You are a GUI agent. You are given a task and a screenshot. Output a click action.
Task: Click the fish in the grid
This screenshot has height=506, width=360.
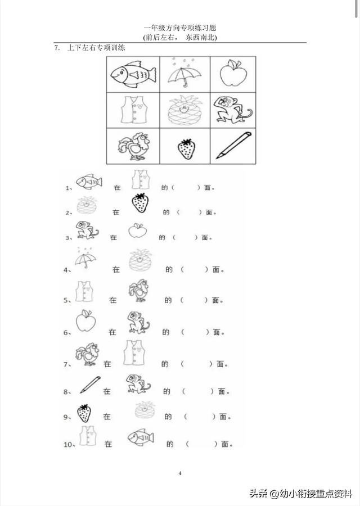click(133, 75)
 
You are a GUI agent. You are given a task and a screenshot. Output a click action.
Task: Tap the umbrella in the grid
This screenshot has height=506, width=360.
click(184, 74)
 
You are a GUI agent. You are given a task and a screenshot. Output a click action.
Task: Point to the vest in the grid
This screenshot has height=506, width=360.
click(134, 110)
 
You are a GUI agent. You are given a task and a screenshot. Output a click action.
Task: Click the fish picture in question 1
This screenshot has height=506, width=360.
click(89, 181)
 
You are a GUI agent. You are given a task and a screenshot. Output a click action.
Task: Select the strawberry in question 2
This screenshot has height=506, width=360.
click(141, 203)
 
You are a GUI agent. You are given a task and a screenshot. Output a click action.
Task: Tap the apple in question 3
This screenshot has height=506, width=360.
click(138, 231)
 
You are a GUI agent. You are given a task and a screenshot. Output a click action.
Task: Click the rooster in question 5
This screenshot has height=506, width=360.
click(139, 291)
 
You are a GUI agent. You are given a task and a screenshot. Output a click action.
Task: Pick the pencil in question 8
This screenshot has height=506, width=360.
click(90, 385)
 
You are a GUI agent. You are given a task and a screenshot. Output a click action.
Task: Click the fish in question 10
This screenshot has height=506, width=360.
click(141, 437)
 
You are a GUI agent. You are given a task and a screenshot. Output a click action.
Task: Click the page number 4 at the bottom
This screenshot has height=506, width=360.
click(180, 473)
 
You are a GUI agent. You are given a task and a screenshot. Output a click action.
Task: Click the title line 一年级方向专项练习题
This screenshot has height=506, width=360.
click(180, 28)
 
